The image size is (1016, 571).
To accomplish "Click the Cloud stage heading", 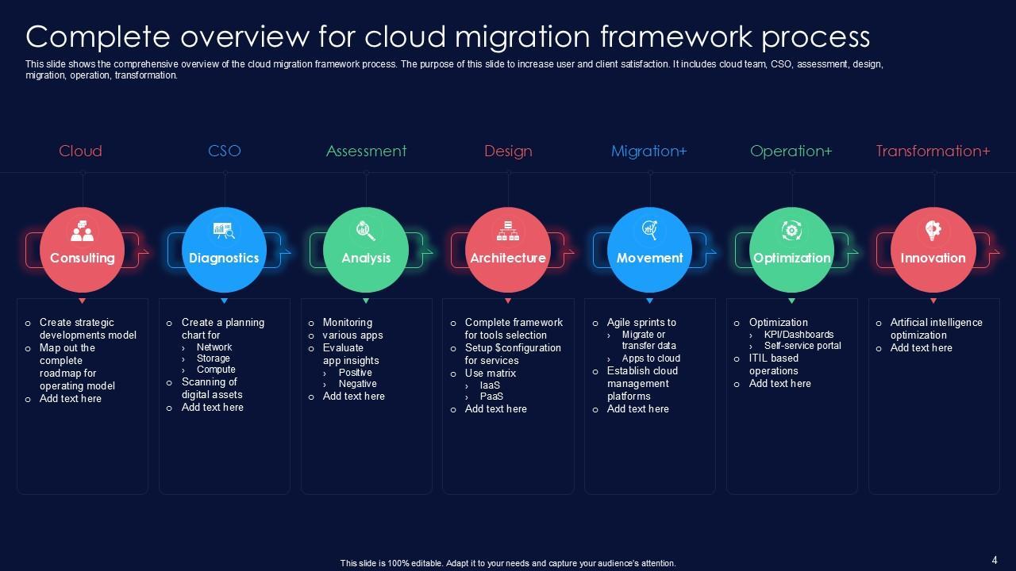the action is coord(80,151).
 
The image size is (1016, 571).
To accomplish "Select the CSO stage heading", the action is coord(224,151).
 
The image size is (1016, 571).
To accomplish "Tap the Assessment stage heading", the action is coord(366,151).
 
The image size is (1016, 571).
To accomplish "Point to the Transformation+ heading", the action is coord(933,151).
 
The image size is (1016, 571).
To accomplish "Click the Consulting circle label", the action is coord(82,258).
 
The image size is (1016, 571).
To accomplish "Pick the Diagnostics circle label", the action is coord(224,258).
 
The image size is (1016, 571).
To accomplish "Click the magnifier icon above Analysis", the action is coord(366,231).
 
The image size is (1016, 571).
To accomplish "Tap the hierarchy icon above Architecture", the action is coord(507,231).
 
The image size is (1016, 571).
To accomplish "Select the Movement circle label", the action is coord(649,258).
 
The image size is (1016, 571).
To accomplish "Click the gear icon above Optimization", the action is coord(791,231).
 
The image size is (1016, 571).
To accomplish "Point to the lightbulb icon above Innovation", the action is coord(933,231).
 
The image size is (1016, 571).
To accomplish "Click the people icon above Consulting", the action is coord(82,232).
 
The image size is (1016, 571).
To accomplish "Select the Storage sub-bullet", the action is coord(213,358).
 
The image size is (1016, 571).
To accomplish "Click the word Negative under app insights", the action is coord(357,384).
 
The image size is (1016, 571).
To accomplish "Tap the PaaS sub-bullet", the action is coord(491,397).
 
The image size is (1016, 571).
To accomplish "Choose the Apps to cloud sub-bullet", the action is coord(651,358).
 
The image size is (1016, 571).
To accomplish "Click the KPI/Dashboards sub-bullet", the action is coord(799,335).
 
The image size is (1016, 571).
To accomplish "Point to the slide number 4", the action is coord(995,559).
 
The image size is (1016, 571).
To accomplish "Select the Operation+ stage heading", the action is coord(791,151).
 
